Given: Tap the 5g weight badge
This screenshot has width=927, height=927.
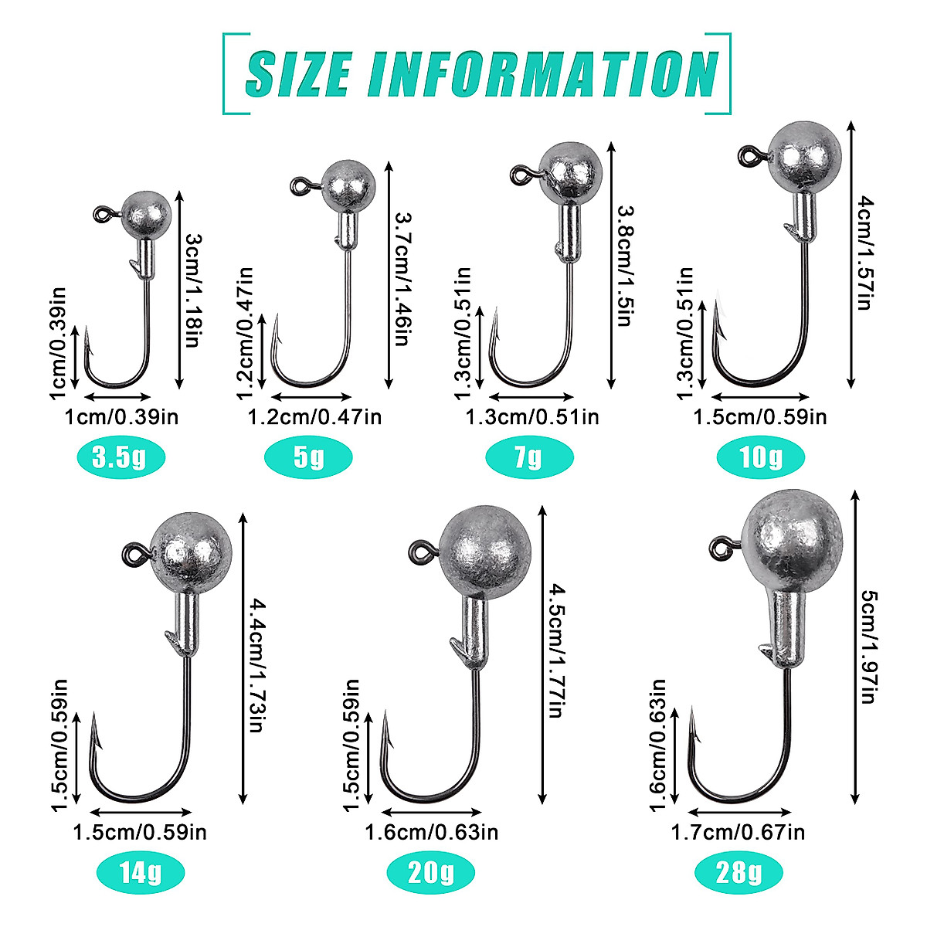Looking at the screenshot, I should point(308,458).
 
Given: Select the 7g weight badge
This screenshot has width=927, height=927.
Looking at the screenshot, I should point(528,458).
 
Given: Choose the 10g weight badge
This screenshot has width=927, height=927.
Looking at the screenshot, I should point(760,458).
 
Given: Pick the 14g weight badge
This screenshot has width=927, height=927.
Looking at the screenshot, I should point(141,873).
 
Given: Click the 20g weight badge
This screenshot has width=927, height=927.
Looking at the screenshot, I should point(431,873).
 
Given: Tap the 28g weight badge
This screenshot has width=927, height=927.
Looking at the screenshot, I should point(739,873).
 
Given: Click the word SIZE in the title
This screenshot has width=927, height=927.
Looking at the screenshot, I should point(297,74).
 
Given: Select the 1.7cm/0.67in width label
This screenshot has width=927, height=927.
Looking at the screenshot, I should point(738,832).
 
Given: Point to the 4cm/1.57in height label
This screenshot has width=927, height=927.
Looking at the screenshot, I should point(865,253).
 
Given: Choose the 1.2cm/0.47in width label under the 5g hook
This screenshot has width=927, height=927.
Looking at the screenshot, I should point(314,417).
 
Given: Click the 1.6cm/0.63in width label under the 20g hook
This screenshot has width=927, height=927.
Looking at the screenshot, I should point(431,832).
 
